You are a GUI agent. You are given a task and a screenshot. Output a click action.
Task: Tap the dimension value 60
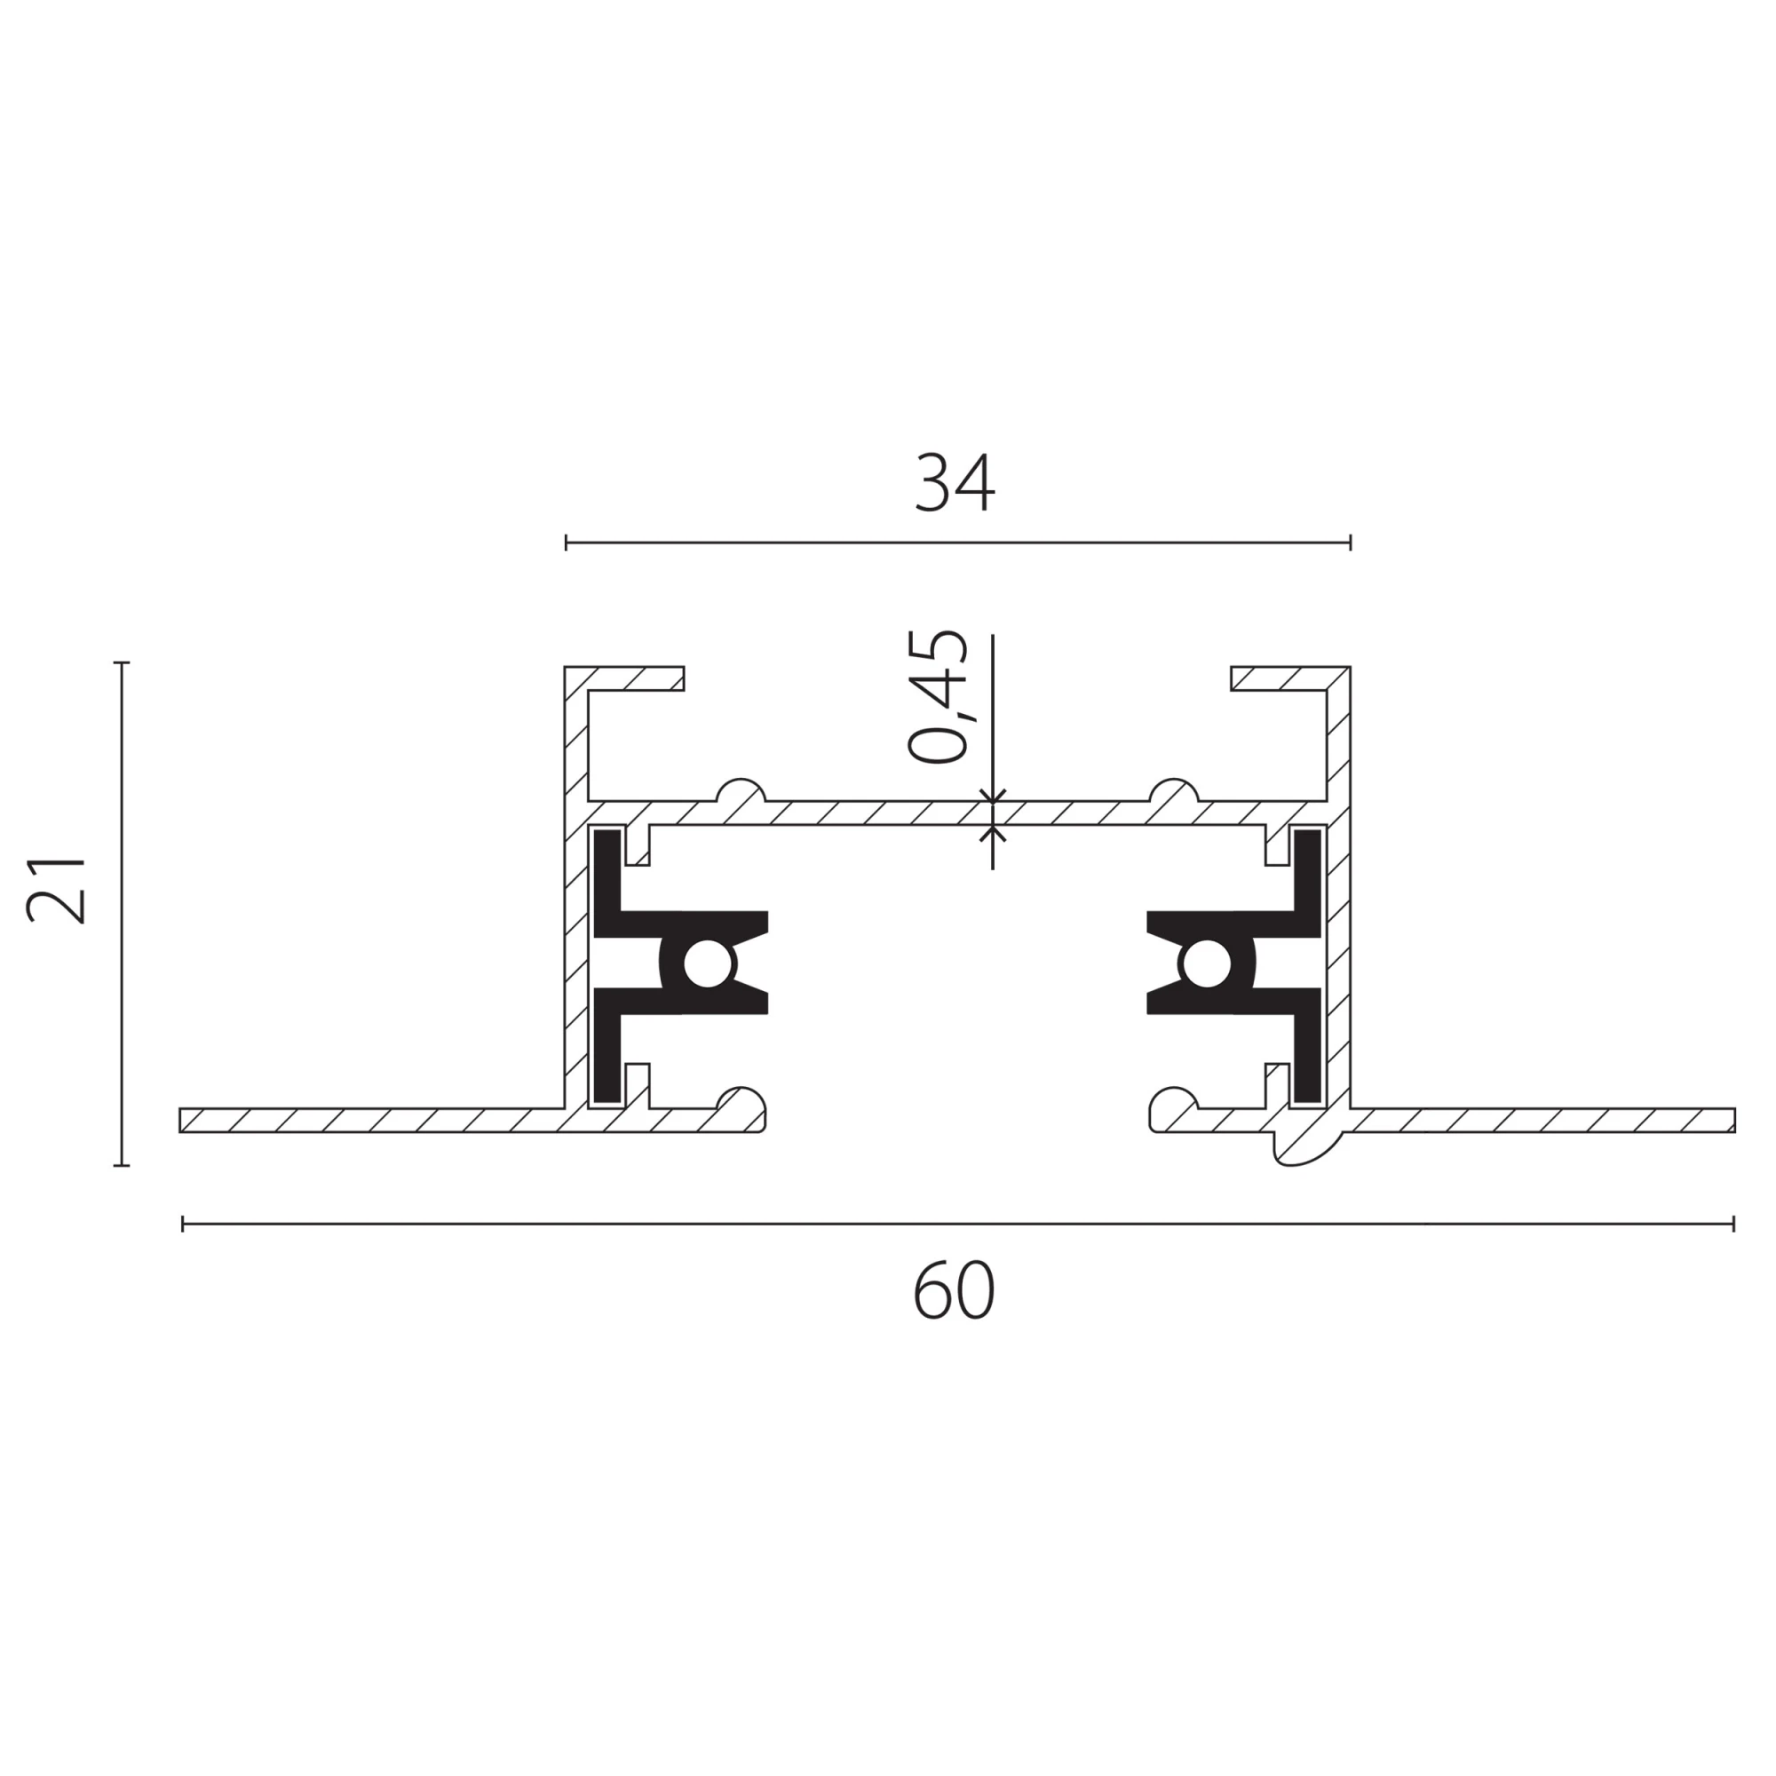[x=955, y=1291]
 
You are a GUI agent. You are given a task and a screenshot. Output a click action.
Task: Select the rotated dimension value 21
[x=57, y=890]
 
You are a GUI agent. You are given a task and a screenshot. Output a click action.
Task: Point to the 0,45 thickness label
[x=938, y=696]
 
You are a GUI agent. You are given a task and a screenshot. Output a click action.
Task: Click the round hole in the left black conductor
[x=708, y=964]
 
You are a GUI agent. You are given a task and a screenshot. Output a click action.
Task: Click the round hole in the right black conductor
[x=1205, y=964]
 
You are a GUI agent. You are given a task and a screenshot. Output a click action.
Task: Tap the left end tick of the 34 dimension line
[x=567, y=543]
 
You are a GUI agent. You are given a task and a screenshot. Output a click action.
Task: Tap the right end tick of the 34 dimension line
[x=1351, y=543]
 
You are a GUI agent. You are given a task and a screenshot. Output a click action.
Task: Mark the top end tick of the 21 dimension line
[x=122, y=662]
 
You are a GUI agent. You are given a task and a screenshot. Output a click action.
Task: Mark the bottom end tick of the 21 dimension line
[x=122, y=1166]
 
